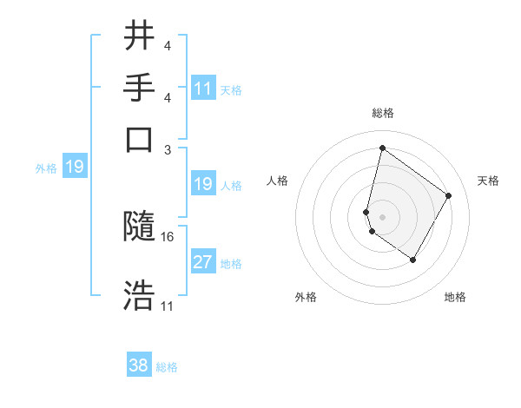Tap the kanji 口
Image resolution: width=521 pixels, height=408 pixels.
pos(139,138)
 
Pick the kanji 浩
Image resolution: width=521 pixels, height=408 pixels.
pos(139,295)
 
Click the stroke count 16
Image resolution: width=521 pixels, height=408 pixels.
pos(168,236)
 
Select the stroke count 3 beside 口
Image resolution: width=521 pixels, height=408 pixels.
pos(168,148)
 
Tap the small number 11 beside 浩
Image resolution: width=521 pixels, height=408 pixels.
pos(168,306)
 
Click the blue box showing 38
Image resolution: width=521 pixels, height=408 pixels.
pos(139,365)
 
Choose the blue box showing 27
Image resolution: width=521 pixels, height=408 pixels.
pos(203,263)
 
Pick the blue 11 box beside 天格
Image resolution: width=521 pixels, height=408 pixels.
pos(203,89)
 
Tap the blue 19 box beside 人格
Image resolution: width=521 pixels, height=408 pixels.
pos(203,184)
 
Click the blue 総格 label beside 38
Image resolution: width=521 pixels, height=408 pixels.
pos(167,367)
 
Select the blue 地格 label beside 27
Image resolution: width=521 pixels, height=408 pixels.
pos(231,264)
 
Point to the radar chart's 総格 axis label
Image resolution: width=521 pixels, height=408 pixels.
pos(382,114)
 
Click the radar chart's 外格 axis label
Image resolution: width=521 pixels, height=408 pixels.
pos(306,297)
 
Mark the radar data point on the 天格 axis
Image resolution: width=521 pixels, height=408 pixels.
pos(449,195)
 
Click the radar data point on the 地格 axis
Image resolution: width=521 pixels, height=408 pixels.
pos(412,260)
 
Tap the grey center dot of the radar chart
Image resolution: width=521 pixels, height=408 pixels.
pos(382,216)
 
